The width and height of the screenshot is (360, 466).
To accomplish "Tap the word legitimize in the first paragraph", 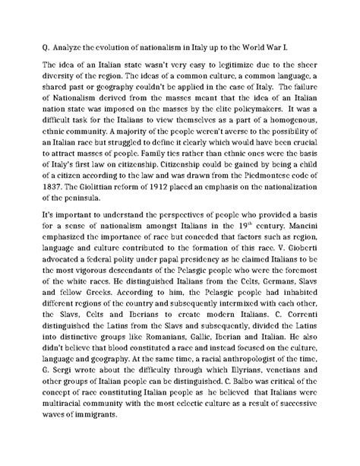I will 218,65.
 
